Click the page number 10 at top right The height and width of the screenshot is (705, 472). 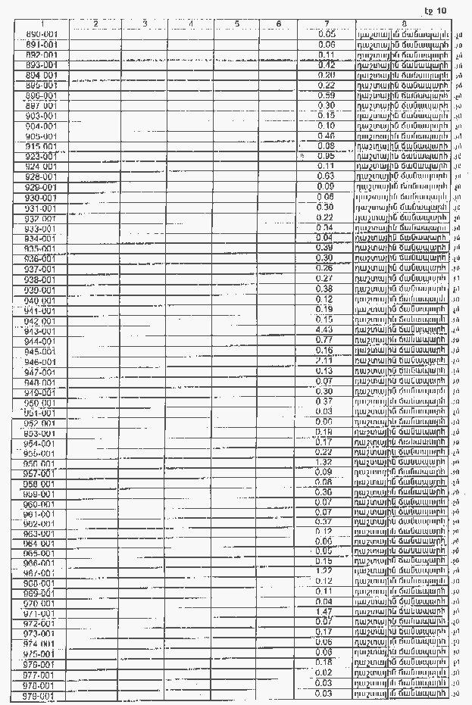(x=442, y=10)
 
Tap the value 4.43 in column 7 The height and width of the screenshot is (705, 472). (x=326, y=330)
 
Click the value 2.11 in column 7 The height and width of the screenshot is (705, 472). (x=326, y=361)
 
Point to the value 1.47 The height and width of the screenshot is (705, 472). (x=326, y=611)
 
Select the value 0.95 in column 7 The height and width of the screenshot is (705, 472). (x=326, y=156)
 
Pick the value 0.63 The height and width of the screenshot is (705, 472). (x=326, y=176)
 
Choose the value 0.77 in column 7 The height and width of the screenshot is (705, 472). (x=326, y=341)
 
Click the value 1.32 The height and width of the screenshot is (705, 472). (x=326, y=462)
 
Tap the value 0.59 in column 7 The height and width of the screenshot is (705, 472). (x=326, y=95)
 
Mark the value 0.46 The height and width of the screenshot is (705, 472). (x=326, y=136)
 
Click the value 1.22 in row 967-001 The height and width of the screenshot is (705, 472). (x=326, y=570)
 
